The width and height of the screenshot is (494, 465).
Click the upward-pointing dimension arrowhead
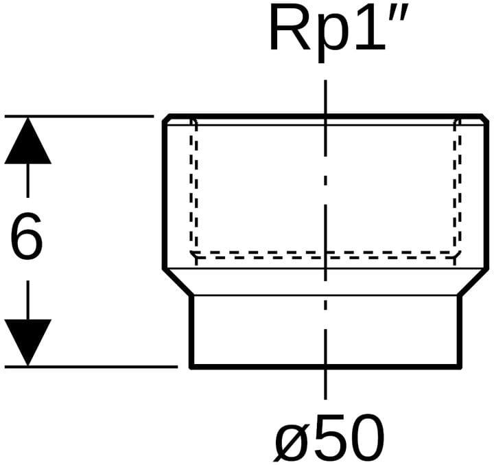(x=27, y=141)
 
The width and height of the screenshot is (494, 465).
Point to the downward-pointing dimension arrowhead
(x=27, y=342)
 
